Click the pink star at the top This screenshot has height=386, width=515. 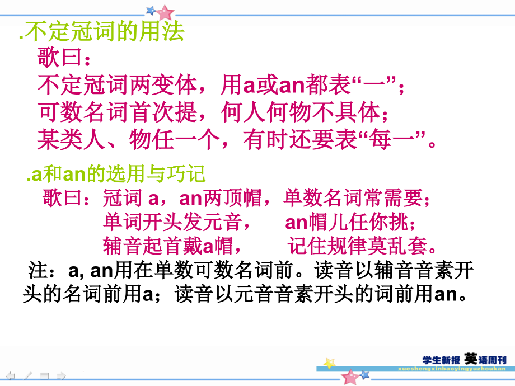[165, 12]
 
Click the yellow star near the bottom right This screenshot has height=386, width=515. [330, 364]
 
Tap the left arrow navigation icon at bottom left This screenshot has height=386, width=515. [11, 375]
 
